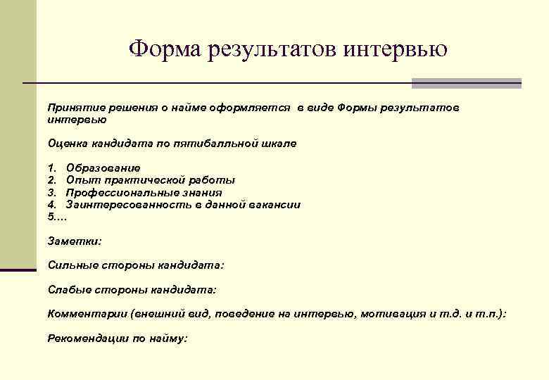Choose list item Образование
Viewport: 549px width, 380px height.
[103, 168]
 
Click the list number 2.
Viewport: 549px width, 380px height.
[51, 180]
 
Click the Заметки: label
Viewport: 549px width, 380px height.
[74, 241]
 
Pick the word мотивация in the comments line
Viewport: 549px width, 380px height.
[391, 314]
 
